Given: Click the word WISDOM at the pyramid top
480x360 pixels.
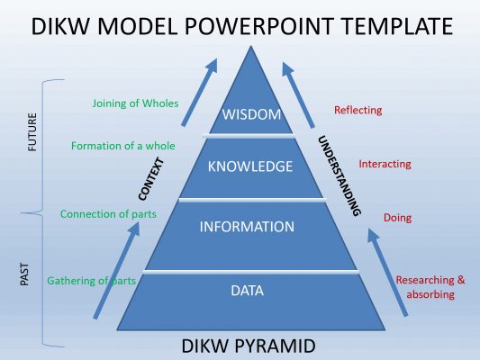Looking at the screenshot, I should coord(252,114).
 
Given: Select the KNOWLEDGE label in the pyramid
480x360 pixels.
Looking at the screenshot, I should coord(250,166).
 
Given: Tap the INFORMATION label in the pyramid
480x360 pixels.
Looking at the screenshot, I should coord(247,227).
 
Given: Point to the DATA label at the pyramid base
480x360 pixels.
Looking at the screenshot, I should coord(249,291).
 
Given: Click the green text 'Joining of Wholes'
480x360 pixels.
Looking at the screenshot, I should coord(134,103).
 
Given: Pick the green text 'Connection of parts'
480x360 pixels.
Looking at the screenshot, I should coord(107,214).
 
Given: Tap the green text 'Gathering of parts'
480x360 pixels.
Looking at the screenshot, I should coord(91,281).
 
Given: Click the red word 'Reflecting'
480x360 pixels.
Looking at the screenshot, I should coord(358,110).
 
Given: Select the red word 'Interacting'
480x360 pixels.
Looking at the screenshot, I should coord(385,164).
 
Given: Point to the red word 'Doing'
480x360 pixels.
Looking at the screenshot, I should coord(398,218).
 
